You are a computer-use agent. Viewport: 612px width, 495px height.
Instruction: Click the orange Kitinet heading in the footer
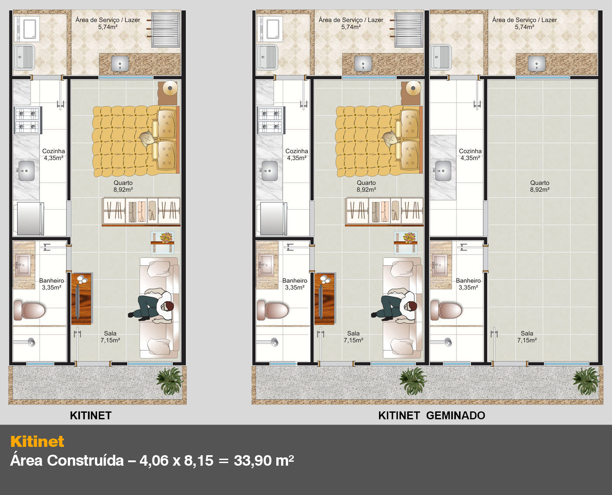[x=37, y=442]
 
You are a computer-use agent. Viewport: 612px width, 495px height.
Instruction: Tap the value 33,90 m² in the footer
[x=264, y=460]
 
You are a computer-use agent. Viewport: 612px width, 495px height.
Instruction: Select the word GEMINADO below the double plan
[x=456, y=415]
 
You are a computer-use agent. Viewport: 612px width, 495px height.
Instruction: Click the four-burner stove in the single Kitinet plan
[x=28, y=120]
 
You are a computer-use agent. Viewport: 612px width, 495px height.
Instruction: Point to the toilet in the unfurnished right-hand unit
[x=446, y=310]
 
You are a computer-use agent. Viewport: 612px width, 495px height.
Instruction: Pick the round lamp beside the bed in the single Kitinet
[x=170, y=88]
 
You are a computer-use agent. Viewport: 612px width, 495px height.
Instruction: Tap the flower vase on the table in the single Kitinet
[x=166, y=238]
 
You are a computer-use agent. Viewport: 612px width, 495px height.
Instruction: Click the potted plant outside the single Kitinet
[x=170, y=380]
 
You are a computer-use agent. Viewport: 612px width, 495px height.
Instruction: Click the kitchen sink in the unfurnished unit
[x=443, y=171]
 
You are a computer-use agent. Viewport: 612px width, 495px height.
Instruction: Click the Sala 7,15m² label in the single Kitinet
[x=110, y=337]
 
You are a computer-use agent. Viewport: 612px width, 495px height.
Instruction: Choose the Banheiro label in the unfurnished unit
[x=468, y=281]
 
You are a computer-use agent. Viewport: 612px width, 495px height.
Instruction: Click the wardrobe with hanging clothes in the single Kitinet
[x=141, y=211]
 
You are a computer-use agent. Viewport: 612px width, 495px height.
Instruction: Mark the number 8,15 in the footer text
[x=199, y=461]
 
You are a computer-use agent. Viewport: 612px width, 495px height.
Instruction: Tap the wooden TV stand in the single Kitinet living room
[x=82, y=299]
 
